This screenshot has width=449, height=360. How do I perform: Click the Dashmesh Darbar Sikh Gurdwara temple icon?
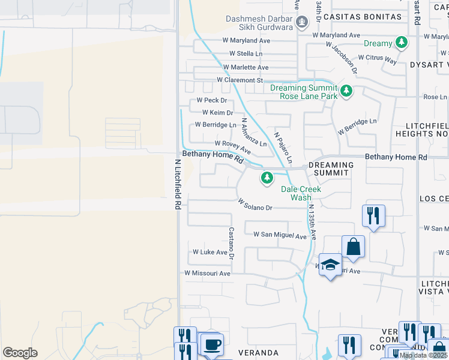click(302, 23)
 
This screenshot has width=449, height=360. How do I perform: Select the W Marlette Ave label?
click(245, 67)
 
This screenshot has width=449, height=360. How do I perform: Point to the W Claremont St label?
click(240, 80)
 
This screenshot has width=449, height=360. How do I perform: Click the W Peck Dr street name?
click(208, 100)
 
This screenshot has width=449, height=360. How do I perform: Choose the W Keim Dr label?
click(217, 112)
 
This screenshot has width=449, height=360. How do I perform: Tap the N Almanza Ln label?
click(253, 133)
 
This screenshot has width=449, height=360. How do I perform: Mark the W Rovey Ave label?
click(232, 146)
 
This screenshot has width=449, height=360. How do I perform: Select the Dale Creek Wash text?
click(301, 193)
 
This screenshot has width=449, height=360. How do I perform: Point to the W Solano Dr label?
click(255, 205)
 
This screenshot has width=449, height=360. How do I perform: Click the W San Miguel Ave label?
click(280, 235)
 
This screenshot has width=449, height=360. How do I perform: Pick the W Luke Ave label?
click(209, 252)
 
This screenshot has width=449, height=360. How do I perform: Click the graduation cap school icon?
click(330, 264)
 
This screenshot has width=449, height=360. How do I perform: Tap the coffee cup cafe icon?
click(211, 344)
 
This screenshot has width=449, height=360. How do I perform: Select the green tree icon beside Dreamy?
click(401, 43)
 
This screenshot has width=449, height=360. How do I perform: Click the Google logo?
click(20, 353)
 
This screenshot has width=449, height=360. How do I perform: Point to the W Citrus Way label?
click(378, 59)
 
